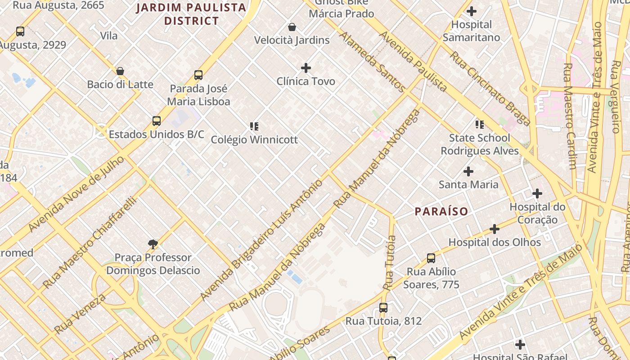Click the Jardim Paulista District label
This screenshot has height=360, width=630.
[191, 14]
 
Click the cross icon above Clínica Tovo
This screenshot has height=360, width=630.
[306, 68]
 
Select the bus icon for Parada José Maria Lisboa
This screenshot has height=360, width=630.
[198, 75]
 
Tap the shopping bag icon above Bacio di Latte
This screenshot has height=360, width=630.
[120, 71]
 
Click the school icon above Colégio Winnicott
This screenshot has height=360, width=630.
[254, 126]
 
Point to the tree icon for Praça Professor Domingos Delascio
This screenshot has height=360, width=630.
[153, 244]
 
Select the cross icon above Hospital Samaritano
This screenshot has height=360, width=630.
[472, 11]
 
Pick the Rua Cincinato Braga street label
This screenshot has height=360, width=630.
[490, 88]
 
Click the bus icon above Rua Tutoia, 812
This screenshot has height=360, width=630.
[383, 308]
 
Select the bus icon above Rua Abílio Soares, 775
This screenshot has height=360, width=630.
[431, 258]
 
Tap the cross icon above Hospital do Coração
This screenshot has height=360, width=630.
[537, 194]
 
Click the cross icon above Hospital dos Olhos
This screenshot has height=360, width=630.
[495, 229]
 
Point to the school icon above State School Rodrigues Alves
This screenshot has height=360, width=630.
[480, 124]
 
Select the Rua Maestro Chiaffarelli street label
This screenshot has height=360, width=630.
[90, 243]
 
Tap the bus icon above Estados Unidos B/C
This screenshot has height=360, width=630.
[157, 121]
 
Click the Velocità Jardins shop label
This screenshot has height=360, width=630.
[292, 40]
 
